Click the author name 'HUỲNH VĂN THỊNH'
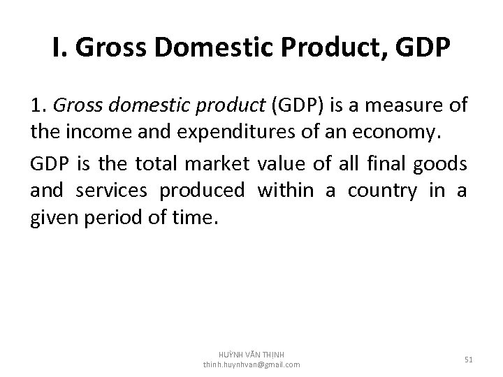point(251,354)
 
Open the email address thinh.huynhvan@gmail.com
point(251,364)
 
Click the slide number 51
point(468,359)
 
